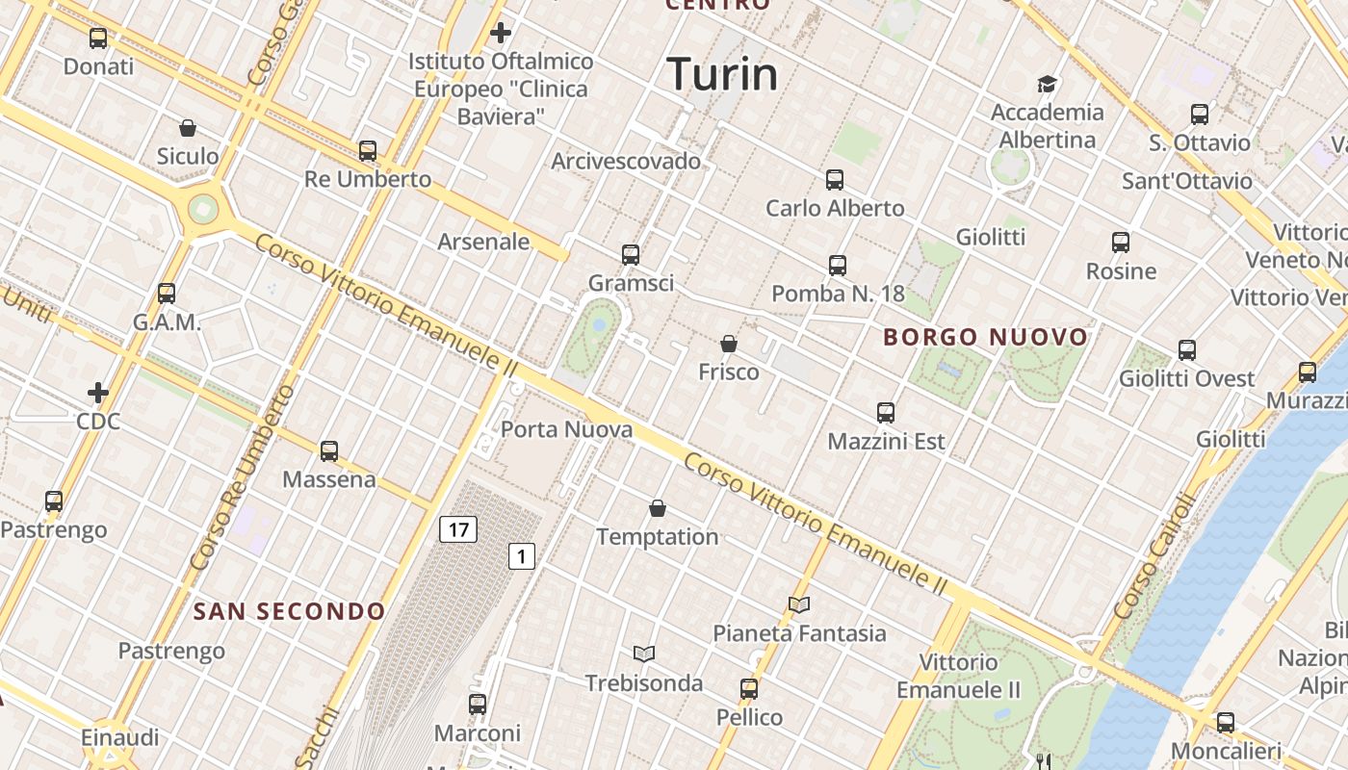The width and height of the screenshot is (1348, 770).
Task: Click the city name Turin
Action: (721, 74)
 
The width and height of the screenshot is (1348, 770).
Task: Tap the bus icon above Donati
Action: (98, 38)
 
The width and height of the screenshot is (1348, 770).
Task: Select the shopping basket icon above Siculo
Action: (188, 128)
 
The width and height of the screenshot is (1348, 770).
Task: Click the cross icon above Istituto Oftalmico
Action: (501, 34)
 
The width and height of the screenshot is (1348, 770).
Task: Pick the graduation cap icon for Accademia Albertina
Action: (1047, 85)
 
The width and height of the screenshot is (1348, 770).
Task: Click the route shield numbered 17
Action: (458, 528)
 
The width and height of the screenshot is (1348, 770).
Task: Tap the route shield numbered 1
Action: (522, 555)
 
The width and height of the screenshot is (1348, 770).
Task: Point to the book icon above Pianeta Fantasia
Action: (799, 604)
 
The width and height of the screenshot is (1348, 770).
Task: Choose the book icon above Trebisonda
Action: (644, 654)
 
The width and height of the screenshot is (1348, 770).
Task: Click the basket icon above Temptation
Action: (658, 508)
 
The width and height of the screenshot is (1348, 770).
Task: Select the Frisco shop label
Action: (729, 372)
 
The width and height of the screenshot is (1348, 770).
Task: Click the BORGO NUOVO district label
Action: (985, 337)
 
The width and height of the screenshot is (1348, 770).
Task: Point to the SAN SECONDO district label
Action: (289, 611)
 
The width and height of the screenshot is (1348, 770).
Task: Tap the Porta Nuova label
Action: (567, 429)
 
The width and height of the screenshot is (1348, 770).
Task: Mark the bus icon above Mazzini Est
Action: (886, 413)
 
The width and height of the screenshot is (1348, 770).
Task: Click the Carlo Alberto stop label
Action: (835, 208)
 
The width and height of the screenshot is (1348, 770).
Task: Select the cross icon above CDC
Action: (98, 393)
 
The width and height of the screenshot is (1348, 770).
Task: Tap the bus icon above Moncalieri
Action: (1225, 722)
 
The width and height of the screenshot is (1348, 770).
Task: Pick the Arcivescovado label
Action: (626, 161)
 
